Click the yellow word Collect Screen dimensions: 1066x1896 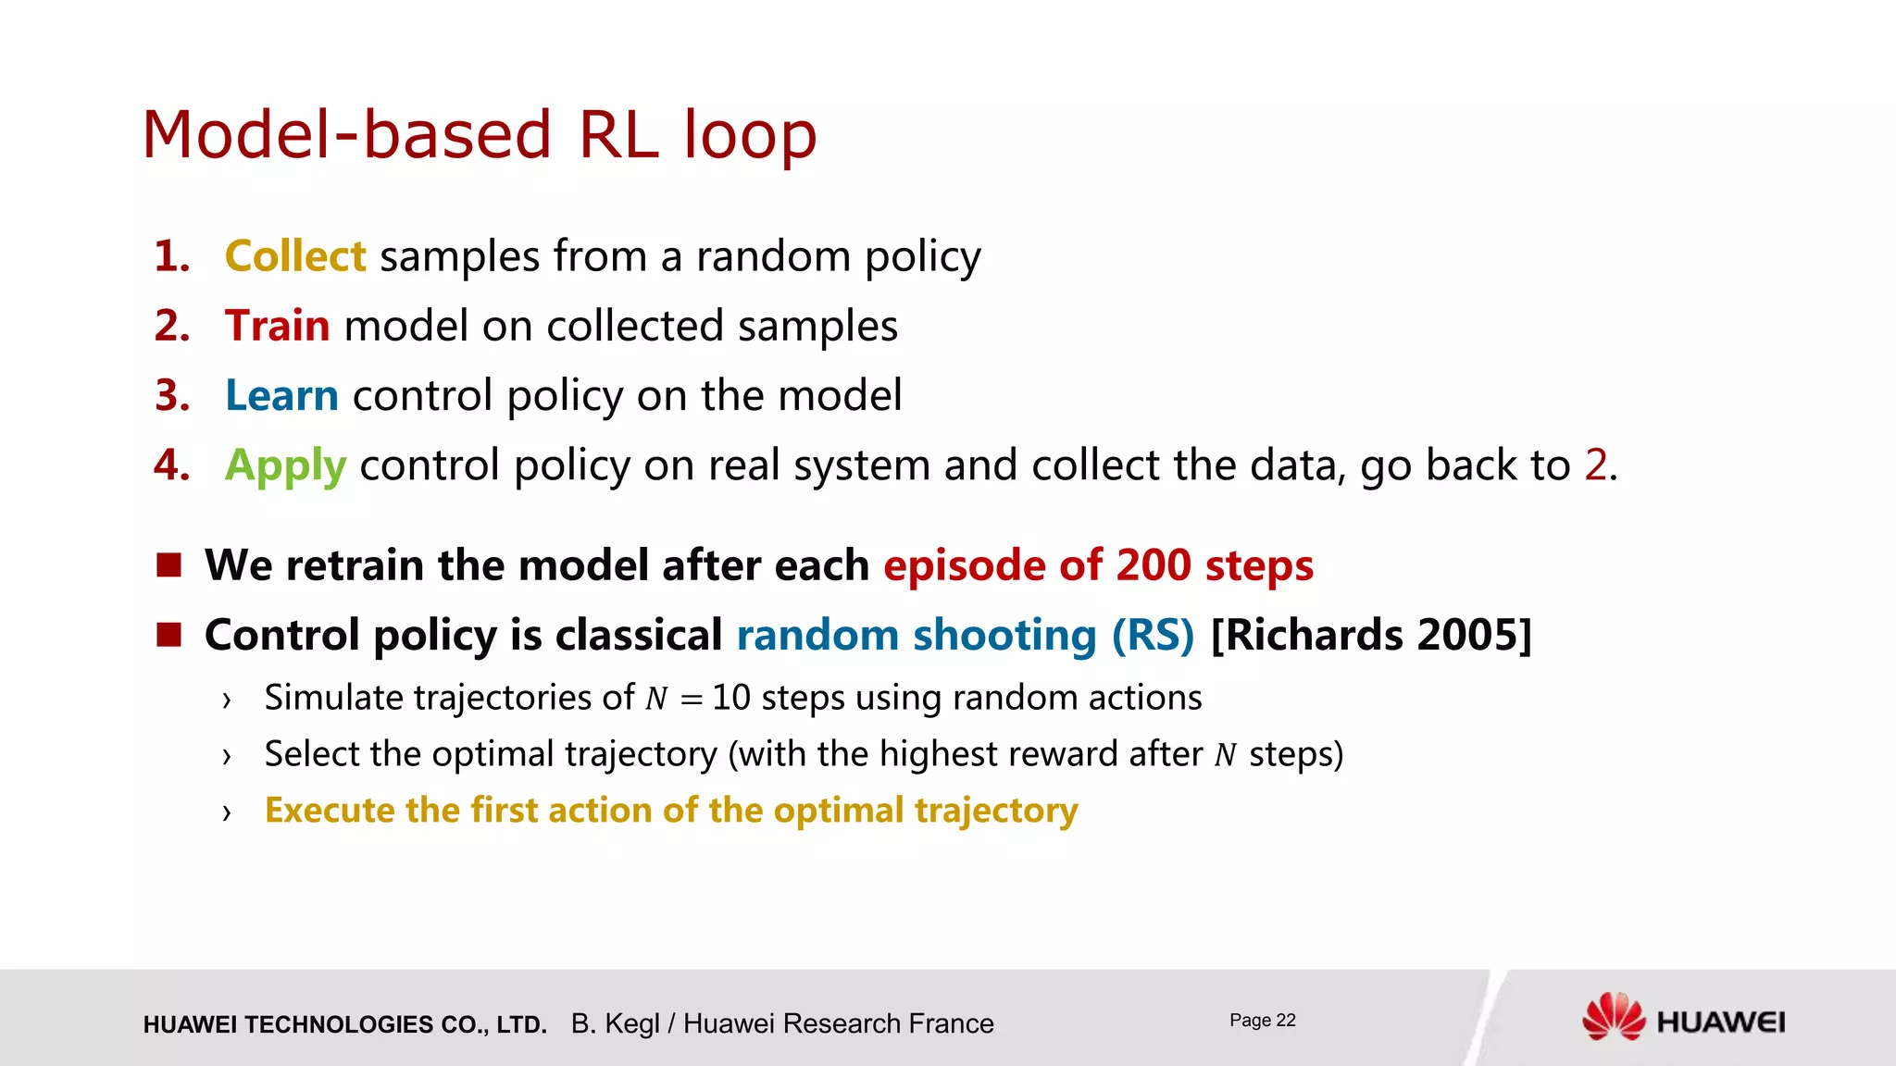[x=295, y=256]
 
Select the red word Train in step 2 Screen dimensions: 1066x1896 [x=277, y=326]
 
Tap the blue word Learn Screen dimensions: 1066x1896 [x=281, y=395]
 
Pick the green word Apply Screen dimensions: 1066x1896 [x=285, y=465]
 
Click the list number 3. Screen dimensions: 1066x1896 [x=172, y=395]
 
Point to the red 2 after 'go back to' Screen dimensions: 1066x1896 [x=1595, y=465]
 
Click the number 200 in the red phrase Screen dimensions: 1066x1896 [x=1154, y=565]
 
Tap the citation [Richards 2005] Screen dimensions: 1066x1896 [x=1371, y=635]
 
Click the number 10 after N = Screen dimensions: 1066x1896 [x=730, y=698]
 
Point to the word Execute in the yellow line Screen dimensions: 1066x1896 [x=330, y=811]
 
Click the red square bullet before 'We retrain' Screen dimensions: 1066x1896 [x=168, y=564]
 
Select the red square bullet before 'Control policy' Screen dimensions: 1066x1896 [x=168, y=634]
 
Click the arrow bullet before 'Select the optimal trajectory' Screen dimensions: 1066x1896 [x=226, y=757]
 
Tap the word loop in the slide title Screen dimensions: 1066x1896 [x=750, y=135]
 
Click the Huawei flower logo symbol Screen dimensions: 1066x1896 [x=1613, y=1017]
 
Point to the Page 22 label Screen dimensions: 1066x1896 [x=1262, y=1020]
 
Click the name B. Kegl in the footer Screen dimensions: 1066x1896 [x=615, y=1023]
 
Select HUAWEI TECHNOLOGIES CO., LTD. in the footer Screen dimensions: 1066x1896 [x=344, y=1024]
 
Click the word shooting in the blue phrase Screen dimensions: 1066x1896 [x=1004, y=636]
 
